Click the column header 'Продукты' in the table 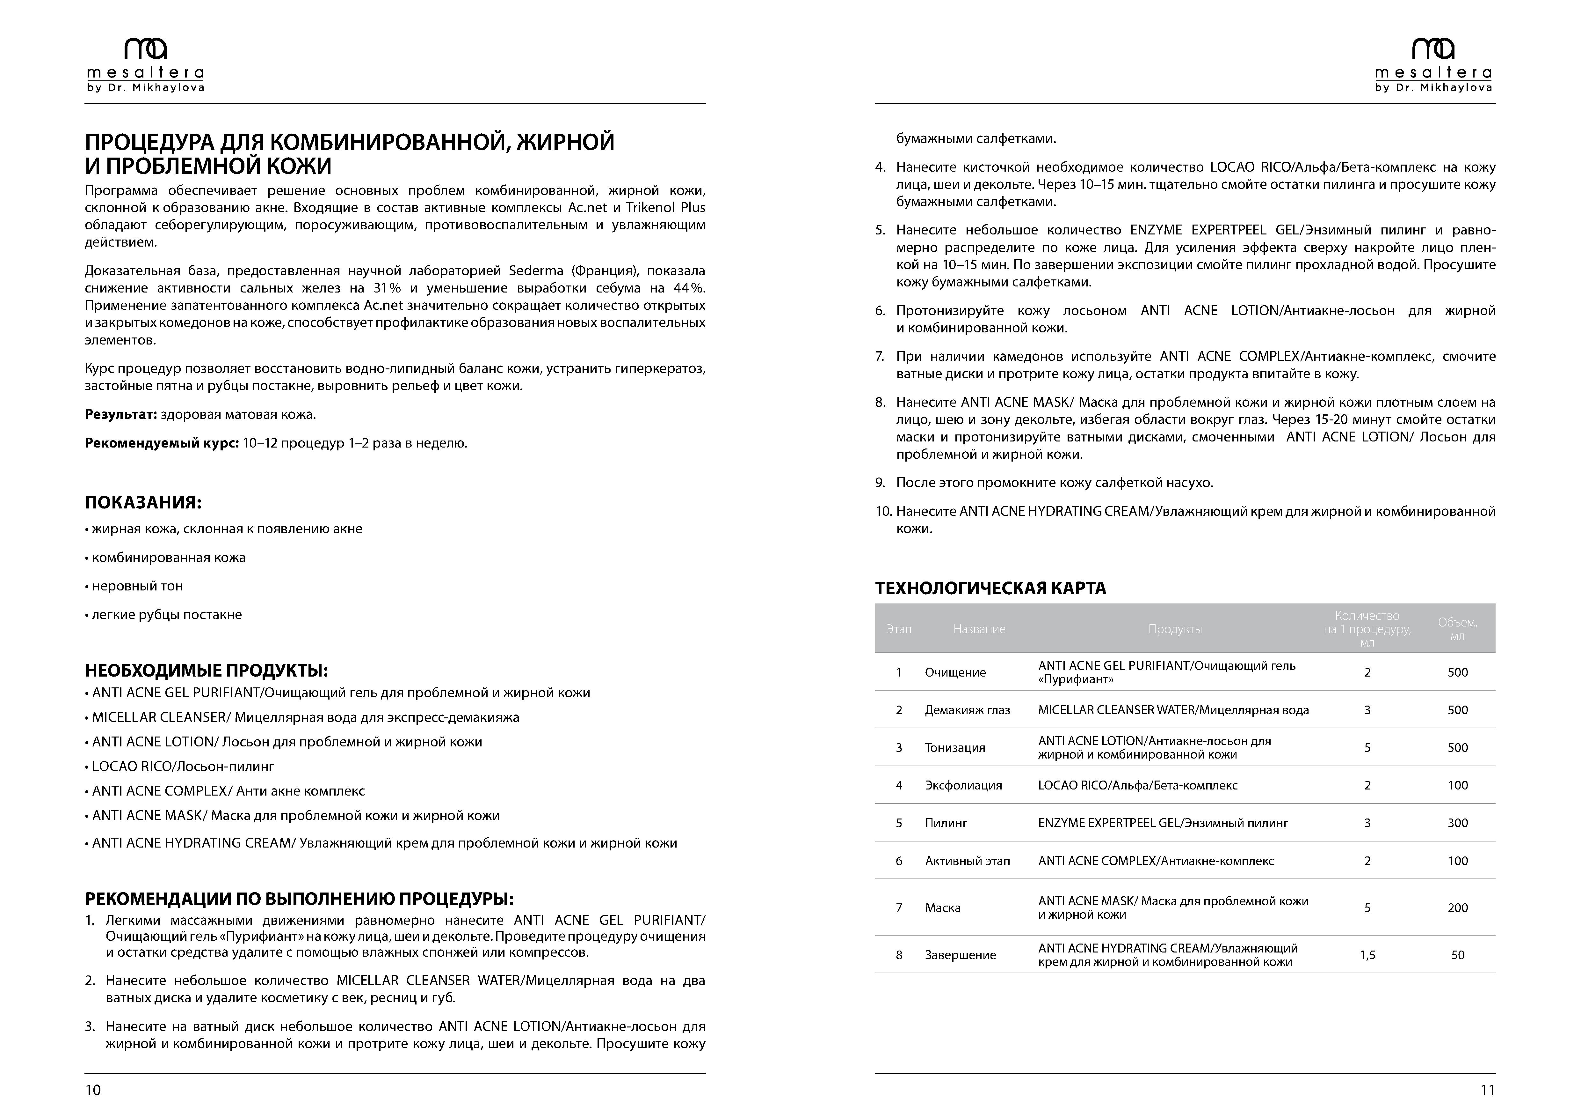coord(1175,629)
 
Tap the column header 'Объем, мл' coord(1457,629)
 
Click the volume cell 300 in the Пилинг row coord(1457,823)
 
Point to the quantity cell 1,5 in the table coord(1367,955)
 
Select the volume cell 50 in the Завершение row coord(1457,955)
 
